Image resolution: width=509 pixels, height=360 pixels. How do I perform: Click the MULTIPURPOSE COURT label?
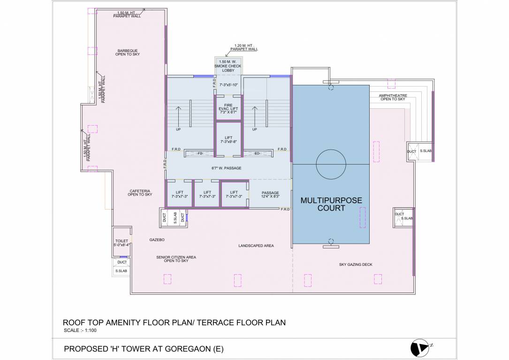pos(331,204)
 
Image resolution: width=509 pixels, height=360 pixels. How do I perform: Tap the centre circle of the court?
pos(331,163)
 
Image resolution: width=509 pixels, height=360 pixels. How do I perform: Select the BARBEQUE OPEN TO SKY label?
pos(128,52)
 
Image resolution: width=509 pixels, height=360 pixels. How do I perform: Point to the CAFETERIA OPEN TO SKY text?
pos(140,193)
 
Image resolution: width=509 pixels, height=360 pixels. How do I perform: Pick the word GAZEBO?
pos(157,240)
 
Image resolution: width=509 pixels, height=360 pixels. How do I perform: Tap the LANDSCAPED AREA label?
pos(256,246)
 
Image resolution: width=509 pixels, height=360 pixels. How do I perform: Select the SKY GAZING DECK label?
pos(356,264)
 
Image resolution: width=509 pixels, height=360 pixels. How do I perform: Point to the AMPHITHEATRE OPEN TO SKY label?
pos(393,97)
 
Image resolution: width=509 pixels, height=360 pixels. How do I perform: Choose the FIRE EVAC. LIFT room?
pos(228,108)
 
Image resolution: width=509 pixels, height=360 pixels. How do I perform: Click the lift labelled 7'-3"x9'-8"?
pos(228,140)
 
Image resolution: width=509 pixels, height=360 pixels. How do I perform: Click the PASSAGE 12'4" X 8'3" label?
pos(270,195)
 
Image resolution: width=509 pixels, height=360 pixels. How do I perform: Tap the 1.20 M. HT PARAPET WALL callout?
pos(245,47)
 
